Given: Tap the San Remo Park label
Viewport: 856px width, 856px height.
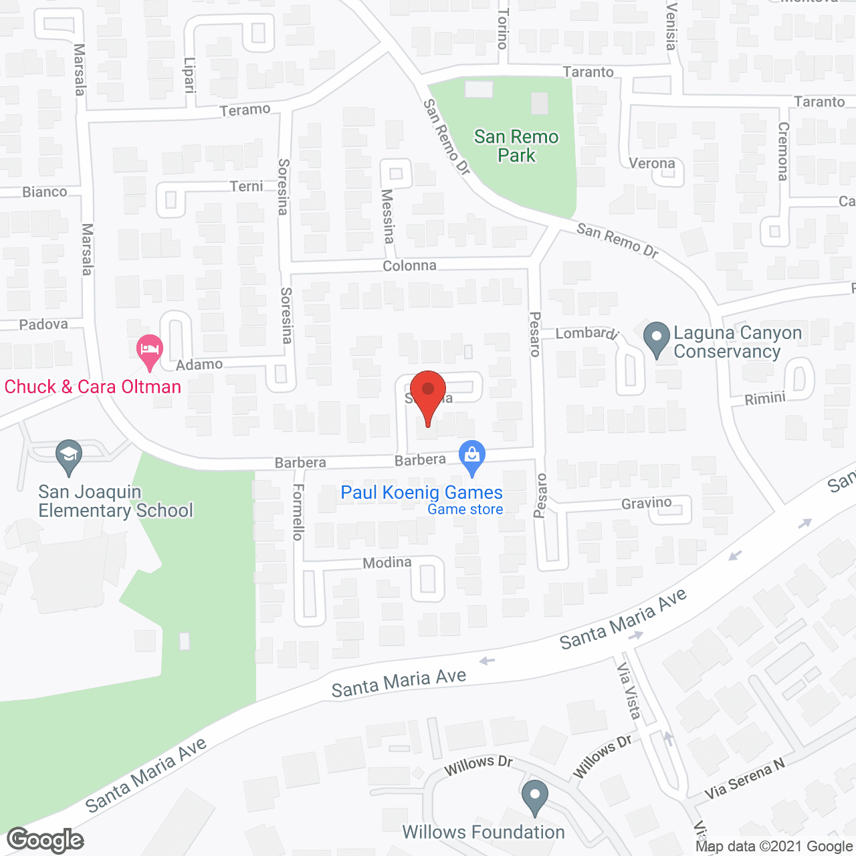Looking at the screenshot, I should click(x=516, y=146).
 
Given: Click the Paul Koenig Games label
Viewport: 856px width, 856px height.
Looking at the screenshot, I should click(x=421, y=493).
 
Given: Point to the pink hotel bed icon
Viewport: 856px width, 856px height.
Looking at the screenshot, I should click(x=149, y=350).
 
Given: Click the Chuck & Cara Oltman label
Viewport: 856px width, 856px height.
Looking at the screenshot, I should click(x=93, y=387).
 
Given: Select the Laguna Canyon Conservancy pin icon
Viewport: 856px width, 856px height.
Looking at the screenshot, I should click(x=656, y=338).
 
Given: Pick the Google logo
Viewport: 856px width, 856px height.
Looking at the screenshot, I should click(x=45, y=840).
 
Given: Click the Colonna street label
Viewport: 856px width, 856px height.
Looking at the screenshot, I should click(x=409, y=265).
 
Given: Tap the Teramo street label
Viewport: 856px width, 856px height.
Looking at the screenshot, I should click(x=245, y=110).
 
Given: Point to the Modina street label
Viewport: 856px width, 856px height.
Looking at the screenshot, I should click(x=387, y=562).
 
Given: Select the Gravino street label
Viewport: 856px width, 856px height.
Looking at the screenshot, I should click(x=646, y=503).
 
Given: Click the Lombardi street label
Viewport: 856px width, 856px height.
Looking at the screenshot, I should click(x=586, y=332).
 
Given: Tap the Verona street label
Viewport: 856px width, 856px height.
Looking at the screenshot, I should click(x=651, y=163).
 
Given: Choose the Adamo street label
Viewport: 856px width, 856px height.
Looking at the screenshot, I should click(x=199, y=364).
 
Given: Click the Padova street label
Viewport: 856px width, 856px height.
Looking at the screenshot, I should click(x=43, y=324).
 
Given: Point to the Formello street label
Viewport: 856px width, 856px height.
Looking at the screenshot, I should click(x=298, y=512).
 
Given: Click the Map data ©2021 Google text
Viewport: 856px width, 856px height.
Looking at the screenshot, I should click(x=774, y=847).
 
